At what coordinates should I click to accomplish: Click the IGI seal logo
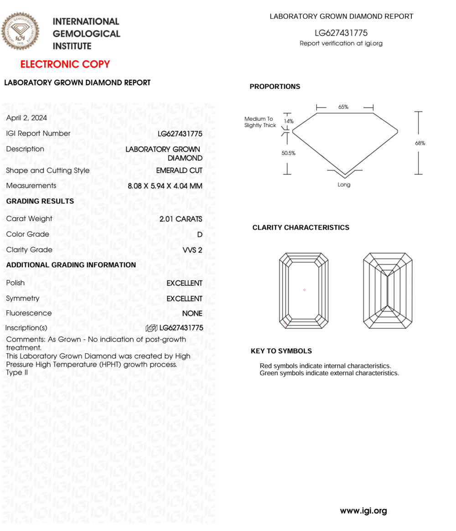[20, 31]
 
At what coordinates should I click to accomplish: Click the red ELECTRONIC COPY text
[65, 64]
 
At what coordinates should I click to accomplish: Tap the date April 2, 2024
[26, 118]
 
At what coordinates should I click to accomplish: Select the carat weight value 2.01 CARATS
[181, 219]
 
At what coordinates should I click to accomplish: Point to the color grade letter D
[199, 235]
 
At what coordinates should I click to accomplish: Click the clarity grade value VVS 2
[192, 250]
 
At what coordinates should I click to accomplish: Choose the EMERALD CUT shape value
[179, 170]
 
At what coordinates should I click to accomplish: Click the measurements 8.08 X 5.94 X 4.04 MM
[165, 186]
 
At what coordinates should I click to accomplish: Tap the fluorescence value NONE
[192, 314]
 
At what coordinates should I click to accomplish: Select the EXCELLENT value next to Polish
[184, 283]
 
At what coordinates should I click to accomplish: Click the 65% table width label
[343, 107]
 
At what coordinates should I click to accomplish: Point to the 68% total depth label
[420, 143]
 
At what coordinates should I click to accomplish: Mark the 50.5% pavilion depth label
[288, 153]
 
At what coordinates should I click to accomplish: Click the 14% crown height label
[289, 121]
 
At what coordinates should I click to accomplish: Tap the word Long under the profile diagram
[344, 185]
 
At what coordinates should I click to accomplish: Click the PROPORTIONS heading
[275, 87]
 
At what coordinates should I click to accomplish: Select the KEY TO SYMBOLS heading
[281, 351]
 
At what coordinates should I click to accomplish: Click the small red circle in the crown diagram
[304, 290]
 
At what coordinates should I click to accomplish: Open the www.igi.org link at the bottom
[363, 510]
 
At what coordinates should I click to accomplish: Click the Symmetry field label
[23, 299]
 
